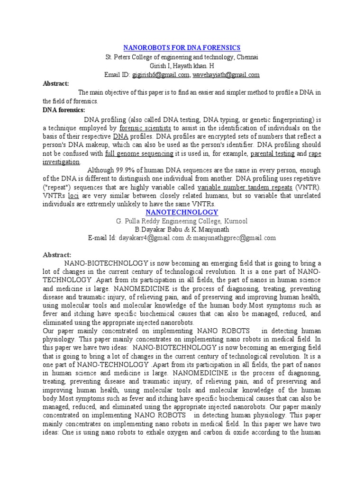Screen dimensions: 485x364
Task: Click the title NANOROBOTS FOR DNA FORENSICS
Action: [x=182, y=48]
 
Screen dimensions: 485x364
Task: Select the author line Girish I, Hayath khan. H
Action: [x=182, y=66]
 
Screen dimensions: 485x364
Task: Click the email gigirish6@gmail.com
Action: [x=160, y=75]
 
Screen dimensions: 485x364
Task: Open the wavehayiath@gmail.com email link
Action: [x=226, y=75]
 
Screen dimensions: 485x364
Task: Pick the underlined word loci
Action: [x=73, y=196]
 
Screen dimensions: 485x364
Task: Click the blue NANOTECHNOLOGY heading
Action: [x=182, y=212]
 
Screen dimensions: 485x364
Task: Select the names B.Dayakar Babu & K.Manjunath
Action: [x=182, y=230]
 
